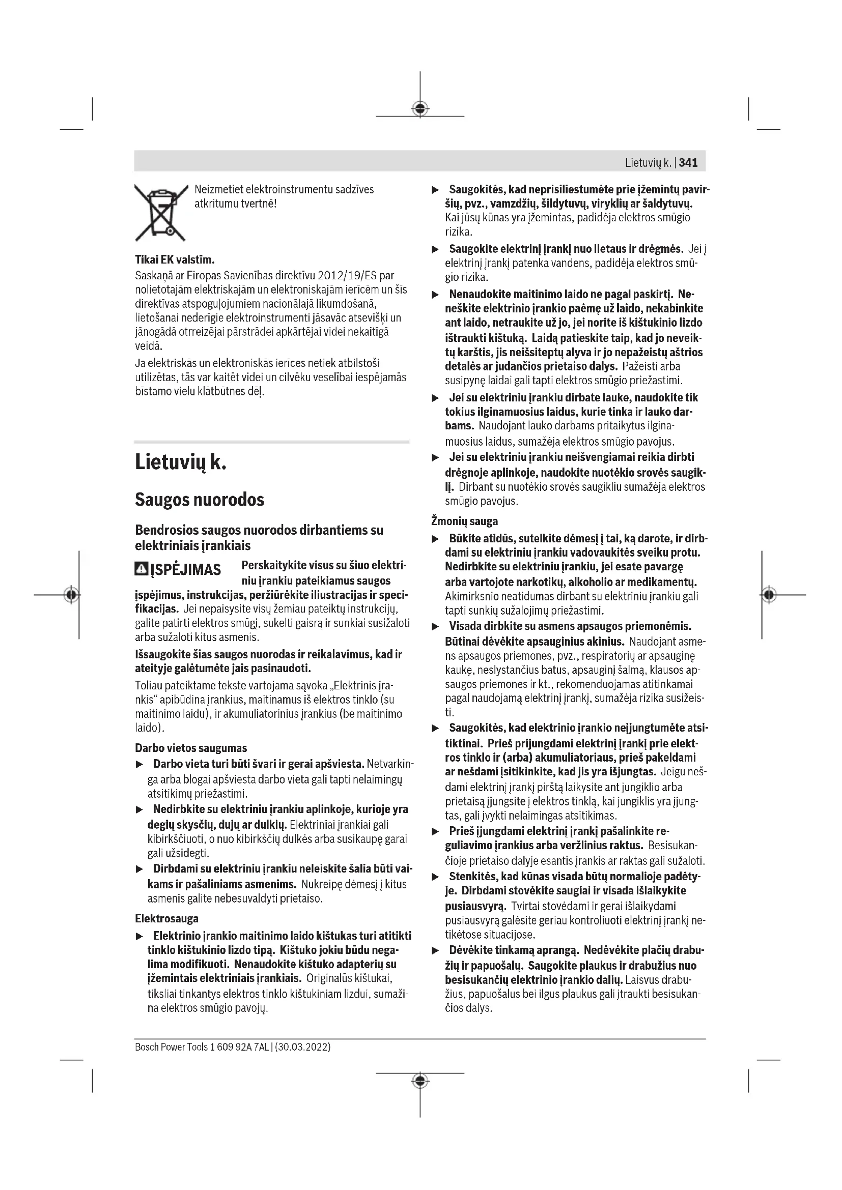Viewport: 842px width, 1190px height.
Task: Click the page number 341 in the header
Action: click(688, 163)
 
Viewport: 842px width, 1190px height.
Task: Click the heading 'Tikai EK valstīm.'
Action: click(175, 259)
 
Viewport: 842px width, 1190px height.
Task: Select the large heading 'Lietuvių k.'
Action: click(180, 461)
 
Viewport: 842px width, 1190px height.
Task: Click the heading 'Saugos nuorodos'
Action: click(200, 500)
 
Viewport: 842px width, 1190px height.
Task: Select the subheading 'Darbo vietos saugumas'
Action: click(191, 748)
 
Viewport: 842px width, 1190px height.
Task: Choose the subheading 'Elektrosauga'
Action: click(166, 918)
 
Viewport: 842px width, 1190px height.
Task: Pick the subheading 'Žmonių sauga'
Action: click(464, 521)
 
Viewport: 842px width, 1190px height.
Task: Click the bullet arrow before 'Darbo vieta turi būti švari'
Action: click(139, 765)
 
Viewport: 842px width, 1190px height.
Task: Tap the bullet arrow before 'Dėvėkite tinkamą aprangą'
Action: click(436, 950)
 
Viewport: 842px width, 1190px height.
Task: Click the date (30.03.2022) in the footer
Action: click(303, 1047)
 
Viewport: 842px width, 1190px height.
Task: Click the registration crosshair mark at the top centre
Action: click(420, 108)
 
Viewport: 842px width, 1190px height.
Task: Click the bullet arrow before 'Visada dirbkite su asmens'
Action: click(436, 627)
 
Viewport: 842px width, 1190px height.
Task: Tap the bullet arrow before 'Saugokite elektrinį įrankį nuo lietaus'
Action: click(436, 250)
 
